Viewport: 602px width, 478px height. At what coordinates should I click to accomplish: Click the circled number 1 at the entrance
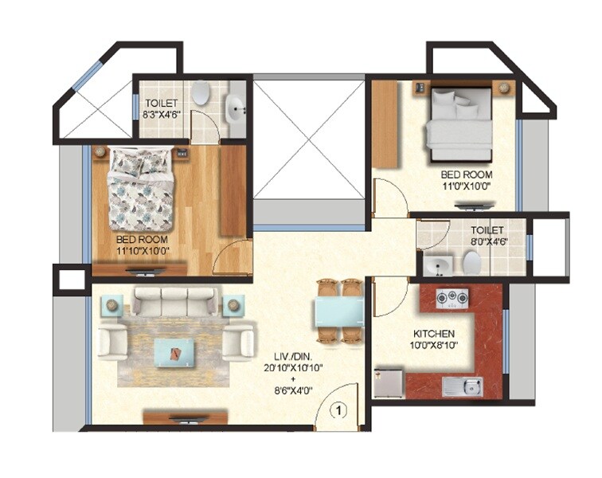338,411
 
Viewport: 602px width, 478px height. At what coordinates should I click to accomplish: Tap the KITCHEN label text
434,333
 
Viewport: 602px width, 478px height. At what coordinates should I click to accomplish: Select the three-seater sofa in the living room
174,302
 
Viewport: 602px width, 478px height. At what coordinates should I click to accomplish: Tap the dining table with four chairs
340,311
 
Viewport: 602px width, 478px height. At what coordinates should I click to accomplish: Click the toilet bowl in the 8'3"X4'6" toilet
201,92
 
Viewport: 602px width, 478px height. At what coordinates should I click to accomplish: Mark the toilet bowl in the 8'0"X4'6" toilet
471,262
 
